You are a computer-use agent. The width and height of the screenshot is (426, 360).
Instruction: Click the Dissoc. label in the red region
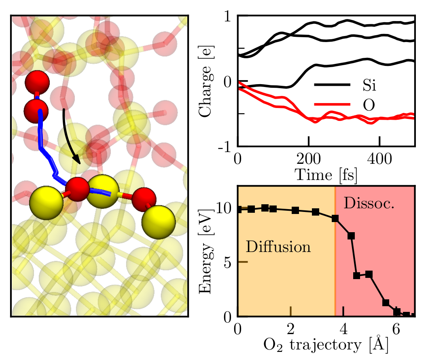369,203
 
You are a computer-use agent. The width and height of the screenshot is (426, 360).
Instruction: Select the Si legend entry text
369,86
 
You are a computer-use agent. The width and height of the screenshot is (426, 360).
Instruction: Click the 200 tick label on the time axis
309,157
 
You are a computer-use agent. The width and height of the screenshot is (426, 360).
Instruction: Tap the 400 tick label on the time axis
379,157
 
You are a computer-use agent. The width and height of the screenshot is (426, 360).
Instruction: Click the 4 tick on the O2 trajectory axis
343,327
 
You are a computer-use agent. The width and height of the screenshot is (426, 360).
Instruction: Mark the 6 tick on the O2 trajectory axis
396,327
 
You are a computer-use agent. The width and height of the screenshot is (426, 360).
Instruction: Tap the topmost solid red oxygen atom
37,83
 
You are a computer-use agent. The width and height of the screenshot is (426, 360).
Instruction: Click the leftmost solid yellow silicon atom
47,202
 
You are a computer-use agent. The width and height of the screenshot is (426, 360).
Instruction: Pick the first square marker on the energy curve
239,209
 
